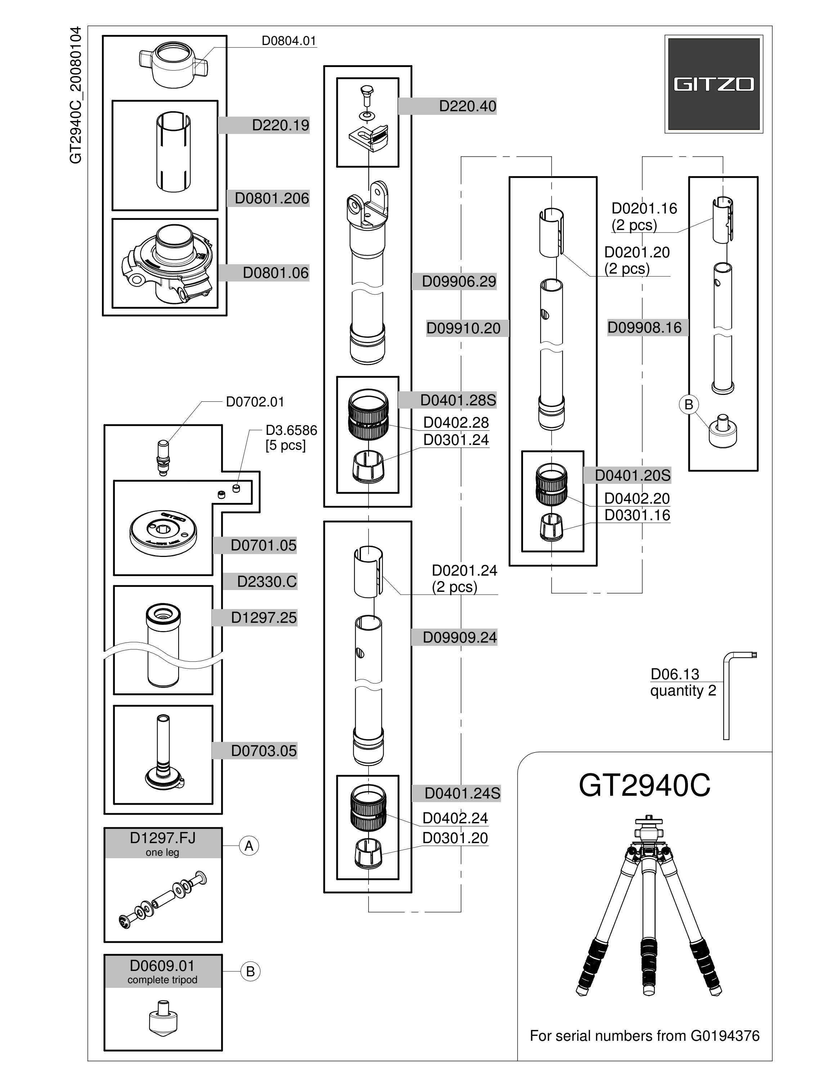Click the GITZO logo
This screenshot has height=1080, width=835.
[x=713, y=84]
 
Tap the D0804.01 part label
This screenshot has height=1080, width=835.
[x=289, y=41]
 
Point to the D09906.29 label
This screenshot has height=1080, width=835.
[x=459, y=282]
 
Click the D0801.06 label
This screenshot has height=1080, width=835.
[x=276, y=273]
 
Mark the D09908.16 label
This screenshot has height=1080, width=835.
[x=644, y=328]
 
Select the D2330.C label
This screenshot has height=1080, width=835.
[x=267, y=581]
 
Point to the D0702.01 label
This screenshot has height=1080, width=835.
[x=255, y=402]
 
